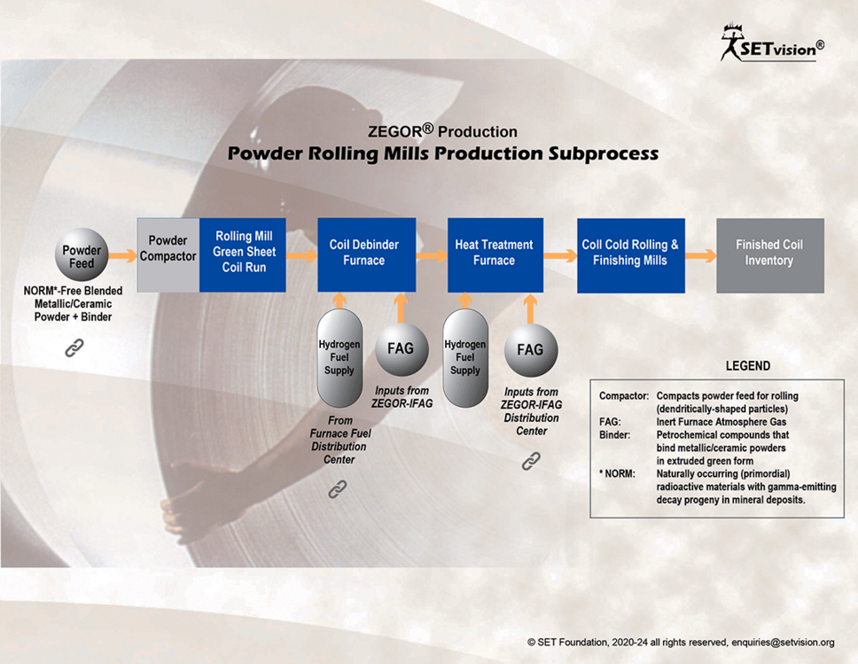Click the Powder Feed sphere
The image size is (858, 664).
(82, 255)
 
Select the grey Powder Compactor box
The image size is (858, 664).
(168, 255)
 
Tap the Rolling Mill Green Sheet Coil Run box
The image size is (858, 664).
(243, 255)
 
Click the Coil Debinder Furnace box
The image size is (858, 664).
(367, 255)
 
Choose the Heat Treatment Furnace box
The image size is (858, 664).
(495, 255)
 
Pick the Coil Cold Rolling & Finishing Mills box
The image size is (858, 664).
(631, 255)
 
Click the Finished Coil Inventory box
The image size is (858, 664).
(770, 255)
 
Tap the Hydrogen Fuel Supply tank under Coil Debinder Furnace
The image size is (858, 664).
(339, 358)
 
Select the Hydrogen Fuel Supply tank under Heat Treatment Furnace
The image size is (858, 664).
(465, 358)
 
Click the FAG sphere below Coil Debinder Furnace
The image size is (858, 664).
(402, 349)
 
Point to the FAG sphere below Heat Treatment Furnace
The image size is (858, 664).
(530, 350)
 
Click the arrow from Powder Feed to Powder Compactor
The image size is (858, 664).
(122, 255)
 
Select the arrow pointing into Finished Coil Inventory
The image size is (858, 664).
(701, 255)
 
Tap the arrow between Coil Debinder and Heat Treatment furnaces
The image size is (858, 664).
(432, 255)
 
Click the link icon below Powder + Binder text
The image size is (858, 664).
(74, 348)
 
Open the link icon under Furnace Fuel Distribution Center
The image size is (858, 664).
(337, 489)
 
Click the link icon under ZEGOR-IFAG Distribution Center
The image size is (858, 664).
(531, 461)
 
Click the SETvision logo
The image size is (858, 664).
(772, 43)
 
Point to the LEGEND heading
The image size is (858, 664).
(748, 365)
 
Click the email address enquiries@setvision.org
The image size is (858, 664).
(783, 642)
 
